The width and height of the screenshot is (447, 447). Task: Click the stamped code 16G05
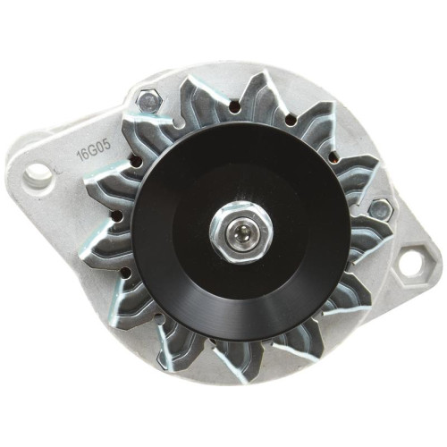pyautogui.click(x=95, y=150)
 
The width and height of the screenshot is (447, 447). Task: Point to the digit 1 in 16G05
pyautogui.click(x=80, y=157)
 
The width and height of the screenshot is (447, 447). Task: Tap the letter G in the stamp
pyautogui.click(x=95, y=150)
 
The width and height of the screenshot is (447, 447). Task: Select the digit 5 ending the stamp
pyautogui.click(x=107, y=145)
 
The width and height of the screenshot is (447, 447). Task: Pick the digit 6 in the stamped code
pyautogui.click(x=88, y=154)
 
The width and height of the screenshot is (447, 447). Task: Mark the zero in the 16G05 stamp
pyautogui.click(x=101, y=148)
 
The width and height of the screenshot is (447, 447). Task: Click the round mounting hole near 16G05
pyautogui.click(x=38, y=175)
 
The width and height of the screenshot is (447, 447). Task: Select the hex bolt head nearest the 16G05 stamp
pyautogui.click(x=149, y=100)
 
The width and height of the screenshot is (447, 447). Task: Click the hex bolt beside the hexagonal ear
pyautogui.click(x=380, y=209)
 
